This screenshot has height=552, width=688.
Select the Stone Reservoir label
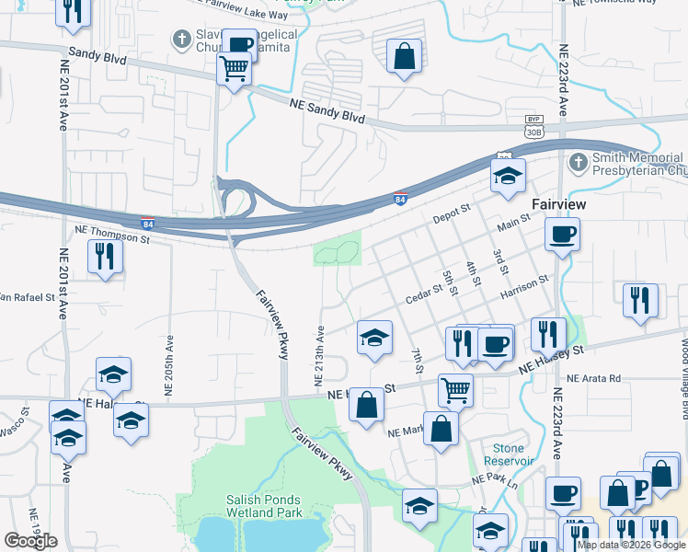pos(510,454)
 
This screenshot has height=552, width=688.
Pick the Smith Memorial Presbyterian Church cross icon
pos(578,164)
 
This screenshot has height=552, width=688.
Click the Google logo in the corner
pos(30,541)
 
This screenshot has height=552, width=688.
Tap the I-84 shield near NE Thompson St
pos(148,223)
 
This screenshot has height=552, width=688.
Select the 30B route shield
pos(533,132)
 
